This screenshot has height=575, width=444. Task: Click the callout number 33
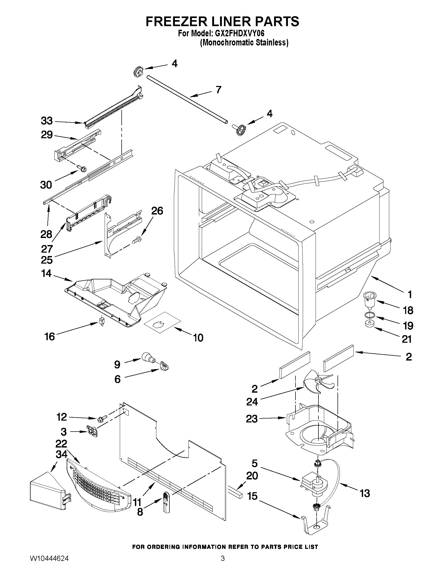click(x=47, y=121)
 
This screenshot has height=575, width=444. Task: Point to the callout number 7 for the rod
click(x=218, y=90)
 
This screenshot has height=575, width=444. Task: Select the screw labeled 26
click(x=137, y=240)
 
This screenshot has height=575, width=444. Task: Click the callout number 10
click(x=198, y=338)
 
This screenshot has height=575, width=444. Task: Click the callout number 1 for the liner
click(x=410, y=294)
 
